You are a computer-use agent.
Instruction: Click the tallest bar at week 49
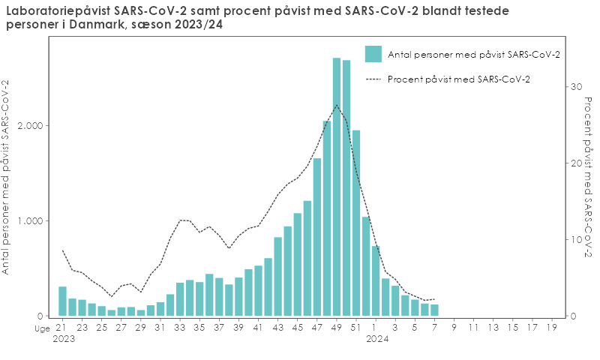tap(337, 187)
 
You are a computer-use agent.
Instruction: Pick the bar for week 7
tap(434, 310)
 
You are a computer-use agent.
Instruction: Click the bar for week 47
tap(317, 237)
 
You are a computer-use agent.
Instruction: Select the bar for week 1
tap(376, 281)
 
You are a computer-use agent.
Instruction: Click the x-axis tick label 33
tap(179, 328)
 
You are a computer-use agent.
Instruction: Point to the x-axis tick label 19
tap(551, 328)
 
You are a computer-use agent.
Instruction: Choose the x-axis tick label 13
tap(493, 328)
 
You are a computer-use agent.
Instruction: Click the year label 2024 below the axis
tap(376, 338)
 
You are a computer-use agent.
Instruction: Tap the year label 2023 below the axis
tap(63, 338)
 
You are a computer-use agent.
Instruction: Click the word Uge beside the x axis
tap(42, 328)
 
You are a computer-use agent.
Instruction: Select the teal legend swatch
tap(373, 54)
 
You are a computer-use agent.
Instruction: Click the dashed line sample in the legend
tap(373, 79)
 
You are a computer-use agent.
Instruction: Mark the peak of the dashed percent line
tap(337, 105)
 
